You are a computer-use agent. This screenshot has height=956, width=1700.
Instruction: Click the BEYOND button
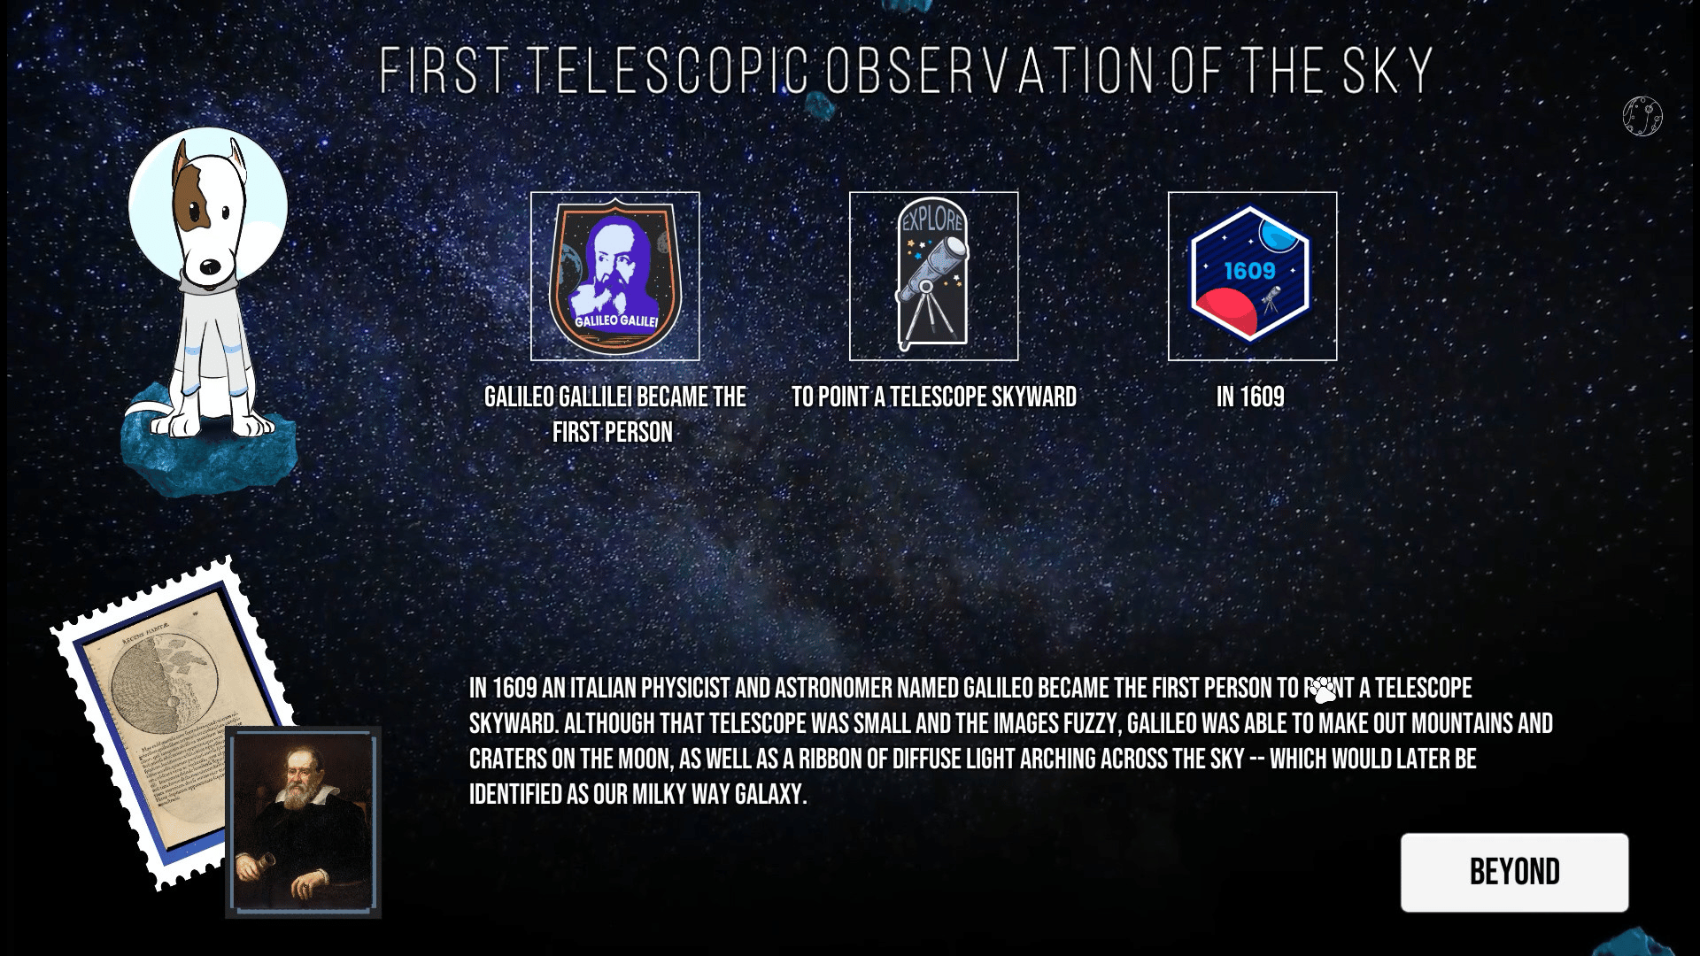pos(1514,872)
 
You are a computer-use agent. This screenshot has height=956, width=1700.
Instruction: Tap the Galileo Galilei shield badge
pos(614,276)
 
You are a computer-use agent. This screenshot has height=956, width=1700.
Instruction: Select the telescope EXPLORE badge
pos(932,274)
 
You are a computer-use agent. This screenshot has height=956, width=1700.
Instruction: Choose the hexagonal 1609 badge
pos(1250,274)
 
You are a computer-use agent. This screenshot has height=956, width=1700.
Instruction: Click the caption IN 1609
pos(1250,397)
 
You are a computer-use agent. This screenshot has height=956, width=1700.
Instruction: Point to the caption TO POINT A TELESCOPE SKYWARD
pos(934,397)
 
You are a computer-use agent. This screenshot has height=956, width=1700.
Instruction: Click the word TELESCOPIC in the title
pos(669,70)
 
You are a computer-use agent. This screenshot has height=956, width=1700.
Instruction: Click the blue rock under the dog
pos(208,443)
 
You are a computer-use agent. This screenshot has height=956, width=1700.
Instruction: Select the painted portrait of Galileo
pos(303,822)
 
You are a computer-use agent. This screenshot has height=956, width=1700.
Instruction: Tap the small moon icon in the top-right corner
pos(1642,116)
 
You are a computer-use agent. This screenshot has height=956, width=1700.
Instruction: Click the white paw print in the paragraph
pos(1323,690)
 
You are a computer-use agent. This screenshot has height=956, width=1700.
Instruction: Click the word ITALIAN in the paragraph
pos(603,688)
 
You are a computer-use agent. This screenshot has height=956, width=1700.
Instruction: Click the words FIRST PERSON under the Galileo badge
pos(613,432)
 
